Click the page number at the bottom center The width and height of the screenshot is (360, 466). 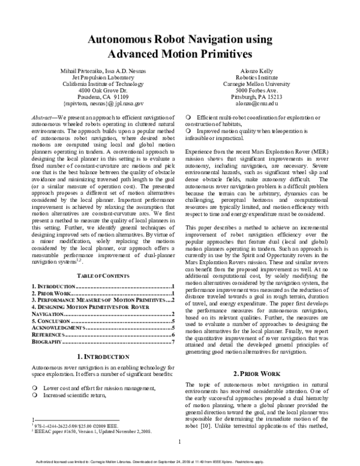pyautogui.click(x=180, y=443)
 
